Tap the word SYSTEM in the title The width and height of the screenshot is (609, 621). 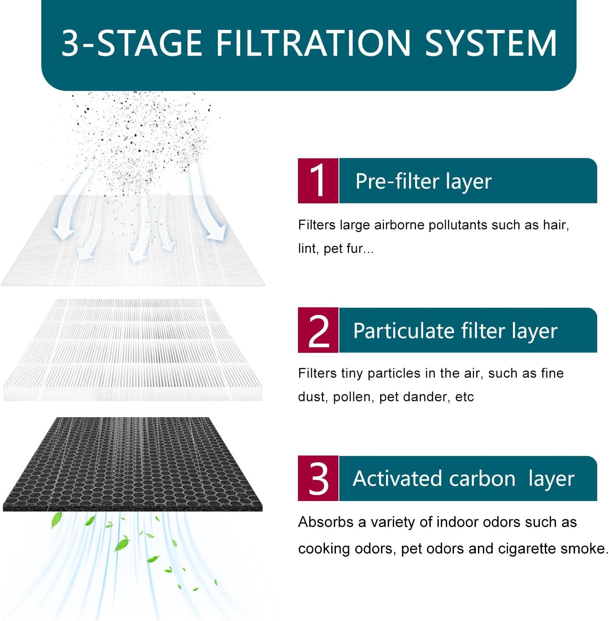pos(491,43)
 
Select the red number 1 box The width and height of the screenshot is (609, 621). pos(318,181)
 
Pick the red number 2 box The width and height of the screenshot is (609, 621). pos(318,330)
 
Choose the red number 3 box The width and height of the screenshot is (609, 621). pos(318,478)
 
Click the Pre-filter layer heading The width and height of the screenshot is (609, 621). pos(423,181)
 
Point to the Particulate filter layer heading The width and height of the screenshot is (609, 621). pos(455,331)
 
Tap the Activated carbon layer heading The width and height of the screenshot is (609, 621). pos(463,479)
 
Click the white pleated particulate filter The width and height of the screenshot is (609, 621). pos(133,349)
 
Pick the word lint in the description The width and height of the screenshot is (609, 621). pos(308,248)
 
